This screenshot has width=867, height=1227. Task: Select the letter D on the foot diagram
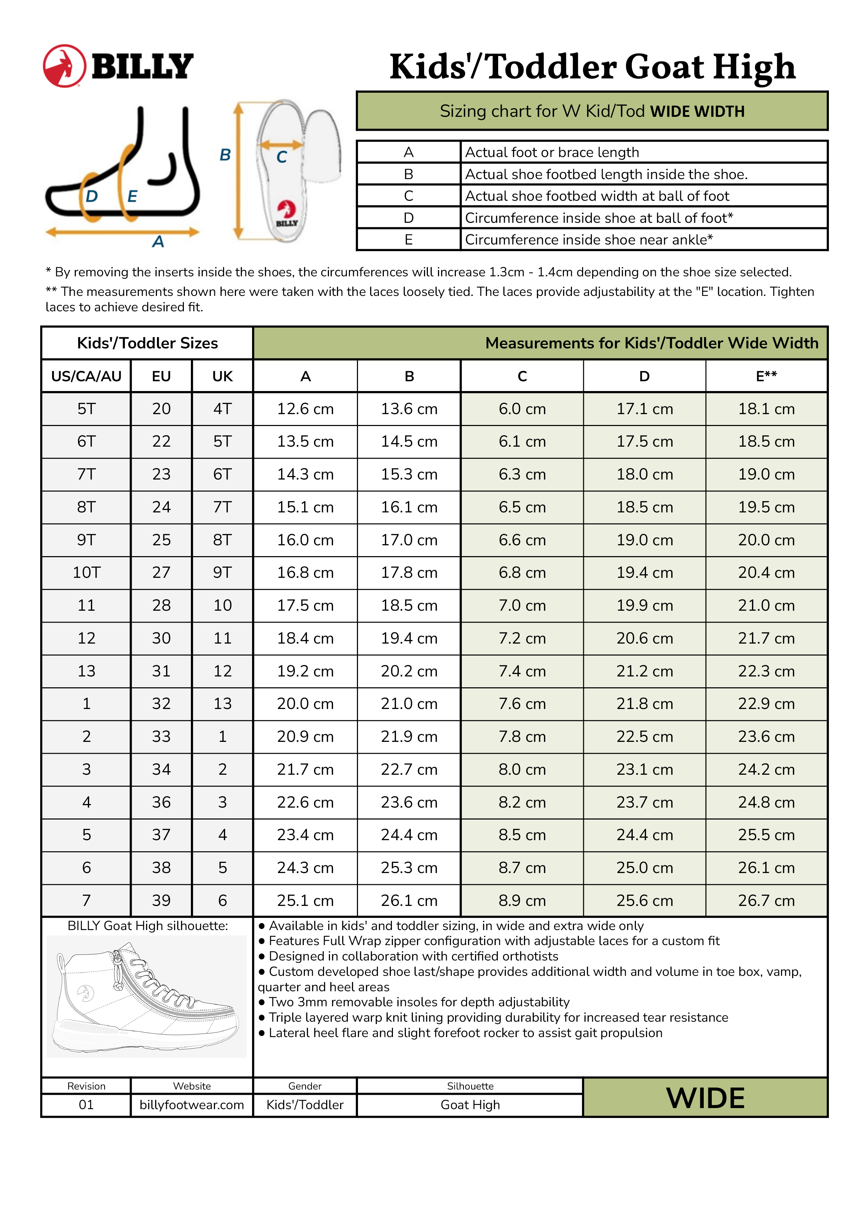pyautogui.click(x=92, y=196)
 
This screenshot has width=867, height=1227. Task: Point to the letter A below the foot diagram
pyautogui.click(x=158, y=242)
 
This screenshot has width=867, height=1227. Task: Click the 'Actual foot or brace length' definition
pyautogui.click(x=552, y=152)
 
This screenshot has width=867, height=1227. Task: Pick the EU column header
pyautogui.click(x=161, y=376)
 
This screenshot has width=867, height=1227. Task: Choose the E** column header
pyautogui.click(x=766, y=376)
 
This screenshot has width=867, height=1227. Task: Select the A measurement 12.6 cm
pyautogui.click(x=305, y=409)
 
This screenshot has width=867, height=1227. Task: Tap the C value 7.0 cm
pyautogui.click(x=522, y=605)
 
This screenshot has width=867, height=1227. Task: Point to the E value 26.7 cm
pyautogui.click(x=766, y=900)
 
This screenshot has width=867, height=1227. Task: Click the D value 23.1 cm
pyautogui.click(x=644, y=769)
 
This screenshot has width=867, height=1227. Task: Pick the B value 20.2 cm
pyautogui.click(x=409, y=671)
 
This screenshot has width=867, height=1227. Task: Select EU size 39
pyautogui.click(x=161, y=900)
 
